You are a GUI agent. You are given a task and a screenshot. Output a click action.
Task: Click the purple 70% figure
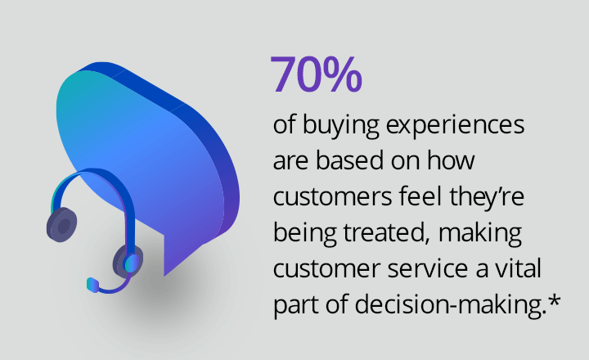pyautogui.click(x=316, y=74)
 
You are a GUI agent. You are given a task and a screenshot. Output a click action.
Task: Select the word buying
pyautogui.click(x=340, y=125)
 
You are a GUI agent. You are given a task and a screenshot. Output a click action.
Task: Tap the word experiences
pyautogui.click(x=455, y=125)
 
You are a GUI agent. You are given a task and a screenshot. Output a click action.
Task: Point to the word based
pyautogui.click(x=350, y=160)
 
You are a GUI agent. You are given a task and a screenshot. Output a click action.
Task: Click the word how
pyautogui.click(x=451, y=160)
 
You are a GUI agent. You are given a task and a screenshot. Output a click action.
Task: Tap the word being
pyautogui.click(x=304, y=233)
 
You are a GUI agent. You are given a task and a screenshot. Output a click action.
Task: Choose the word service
pyautogui.click(x=428, y=268)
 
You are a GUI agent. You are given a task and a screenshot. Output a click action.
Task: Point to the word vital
pyautogui.click(x=519, y=268)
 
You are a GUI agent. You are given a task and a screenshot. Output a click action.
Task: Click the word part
pyautogui.click(x=295, y=304)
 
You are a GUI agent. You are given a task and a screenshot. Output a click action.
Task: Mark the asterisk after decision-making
pyautogui.click(x=554, y=300)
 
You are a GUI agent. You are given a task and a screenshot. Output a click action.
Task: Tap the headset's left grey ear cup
pyautogui.click(x=61, y=224)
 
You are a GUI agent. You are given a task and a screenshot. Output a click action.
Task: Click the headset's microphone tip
pyautogui.click(x=92, y=285)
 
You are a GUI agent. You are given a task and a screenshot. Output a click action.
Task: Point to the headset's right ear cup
pyautogui.click(x=128, y=261)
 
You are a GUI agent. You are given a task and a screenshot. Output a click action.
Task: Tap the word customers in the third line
pyautogui.click(x=332, y=196)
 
